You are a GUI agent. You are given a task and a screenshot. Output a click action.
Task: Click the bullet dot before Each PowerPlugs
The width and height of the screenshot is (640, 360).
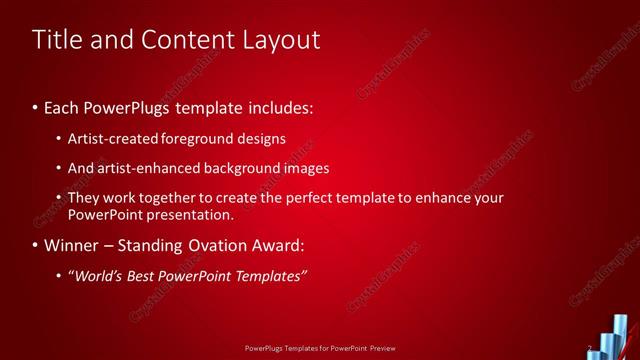pos(36,106)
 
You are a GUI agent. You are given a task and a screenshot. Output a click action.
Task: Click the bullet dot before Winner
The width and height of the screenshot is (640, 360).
pos(36,246)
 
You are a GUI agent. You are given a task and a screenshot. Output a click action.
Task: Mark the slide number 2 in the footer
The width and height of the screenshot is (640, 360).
pos(590,349)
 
